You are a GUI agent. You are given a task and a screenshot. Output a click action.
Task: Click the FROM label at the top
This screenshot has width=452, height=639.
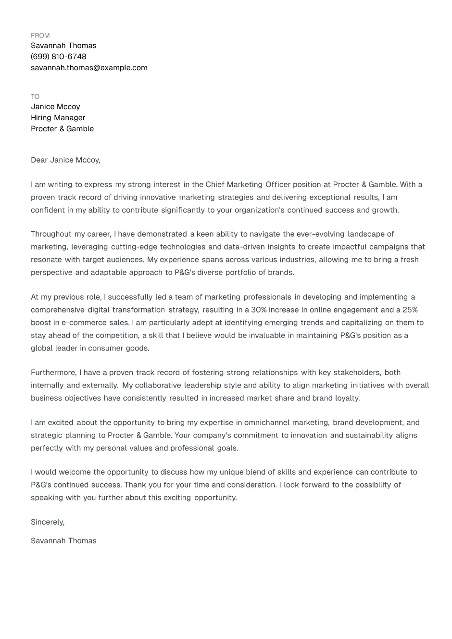point(40,36)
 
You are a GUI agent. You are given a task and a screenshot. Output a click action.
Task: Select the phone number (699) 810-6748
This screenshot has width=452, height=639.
point(59,57)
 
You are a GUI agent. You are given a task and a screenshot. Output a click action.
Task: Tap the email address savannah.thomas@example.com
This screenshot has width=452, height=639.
point(89,68)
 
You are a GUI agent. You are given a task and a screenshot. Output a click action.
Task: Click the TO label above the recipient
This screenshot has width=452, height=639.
point(35,97)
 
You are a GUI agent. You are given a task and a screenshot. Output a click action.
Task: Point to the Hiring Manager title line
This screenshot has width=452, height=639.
point(58,118)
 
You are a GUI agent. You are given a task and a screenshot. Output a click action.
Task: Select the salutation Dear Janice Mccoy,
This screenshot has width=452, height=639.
point(65,160)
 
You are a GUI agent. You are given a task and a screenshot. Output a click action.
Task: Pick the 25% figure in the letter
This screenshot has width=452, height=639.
point(410,310)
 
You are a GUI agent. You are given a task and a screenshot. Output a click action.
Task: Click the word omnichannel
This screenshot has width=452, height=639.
point(267,423)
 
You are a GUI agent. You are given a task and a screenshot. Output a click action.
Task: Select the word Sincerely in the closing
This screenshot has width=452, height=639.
point(47,522)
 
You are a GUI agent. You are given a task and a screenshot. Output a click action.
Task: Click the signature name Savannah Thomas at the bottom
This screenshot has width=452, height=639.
point(63,541)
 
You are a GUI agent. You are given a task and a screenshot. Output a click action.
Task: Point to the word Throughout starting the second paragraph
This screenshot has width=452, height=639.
point(51,234)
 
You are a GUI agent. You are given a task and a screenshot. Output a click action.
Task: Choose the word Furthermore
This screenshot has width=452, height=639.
point(53,373)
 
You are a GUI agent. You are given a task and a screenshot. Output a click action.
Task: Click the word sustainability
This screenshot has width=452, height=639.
point(369,436)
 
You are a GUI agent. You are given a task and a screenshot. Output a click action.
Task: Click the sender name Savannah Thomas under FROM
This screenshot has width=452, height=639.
point(63,46)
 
